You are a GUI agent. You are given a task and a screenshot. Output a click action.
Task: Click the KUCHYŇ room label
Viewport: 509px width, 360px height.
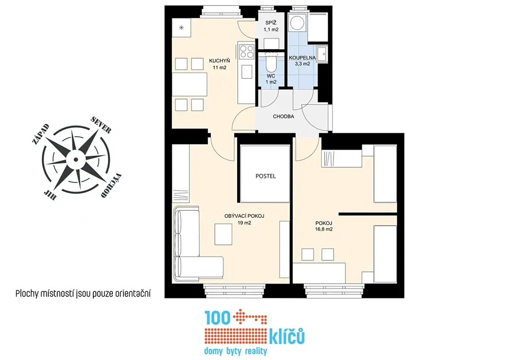click(x=219, y=61)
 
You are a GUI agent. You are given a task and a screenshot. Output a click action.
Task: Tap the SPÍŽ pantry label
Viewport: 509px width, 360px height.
click(x=271, y=23)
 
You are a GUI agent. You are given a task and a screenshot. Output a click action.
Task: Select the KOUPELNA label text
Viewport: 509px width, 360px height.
click(x=302, y=58)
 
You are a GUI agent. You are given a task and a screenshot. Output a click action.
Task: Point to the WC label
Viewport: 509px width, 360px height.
click(x=271, y=76)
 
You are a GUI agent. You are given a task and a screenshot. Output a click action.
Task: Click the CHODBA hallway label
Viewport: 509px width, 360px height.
click(x=283, y=116)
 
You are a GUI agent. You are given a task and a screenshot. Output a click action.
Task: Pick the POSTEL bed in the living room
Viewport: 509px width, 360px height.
click(x=265, y=174)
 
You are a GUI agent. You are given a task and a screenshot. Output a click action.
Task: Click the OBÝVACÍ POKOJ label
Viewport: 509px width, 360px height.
click(x=244, y=216)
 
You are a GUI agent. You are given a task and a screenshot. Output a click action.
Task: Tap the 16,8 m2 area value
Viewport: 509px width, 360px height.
click(x=324, y=229)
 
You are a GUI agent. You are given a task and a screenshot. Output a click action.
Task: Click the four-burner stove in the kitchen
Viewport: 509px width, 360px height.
click(x=247, y=52)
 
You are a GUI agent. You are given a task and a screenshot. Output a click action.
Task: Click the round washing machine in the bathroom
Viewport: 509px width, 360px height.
click(x=297, y=23)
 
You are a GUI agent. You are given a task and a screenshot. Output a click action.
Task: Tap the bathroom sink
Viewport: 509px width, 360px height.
click(x=322, y=54)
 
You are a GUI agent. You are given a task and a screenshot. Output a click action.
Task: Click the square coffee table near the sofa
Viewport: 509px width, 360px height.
click(x=223, y=234)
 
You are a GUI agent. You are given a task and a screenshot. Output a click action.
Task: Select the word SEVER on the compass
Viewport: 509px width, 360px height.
click(x=101, y=125)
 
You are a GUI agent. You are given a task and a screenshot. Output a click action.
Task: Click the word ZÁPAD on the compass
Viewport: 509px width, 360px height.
click(x=41, y=134)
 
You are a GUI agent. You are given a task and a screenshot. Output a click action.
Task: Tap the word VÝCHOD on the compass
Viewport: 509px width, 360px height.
click(x=111, y=186)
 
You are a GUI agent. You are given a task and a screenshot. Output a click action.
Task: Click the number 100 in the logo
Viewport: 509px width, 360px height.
click(x=218, y=318)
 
